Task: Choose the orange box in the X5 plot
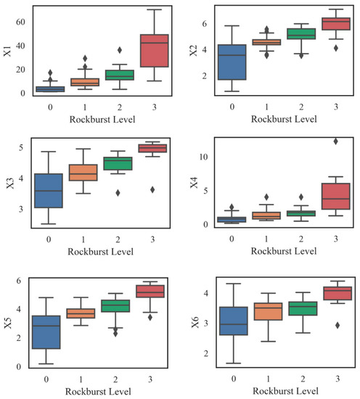[x=81, y=313]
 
